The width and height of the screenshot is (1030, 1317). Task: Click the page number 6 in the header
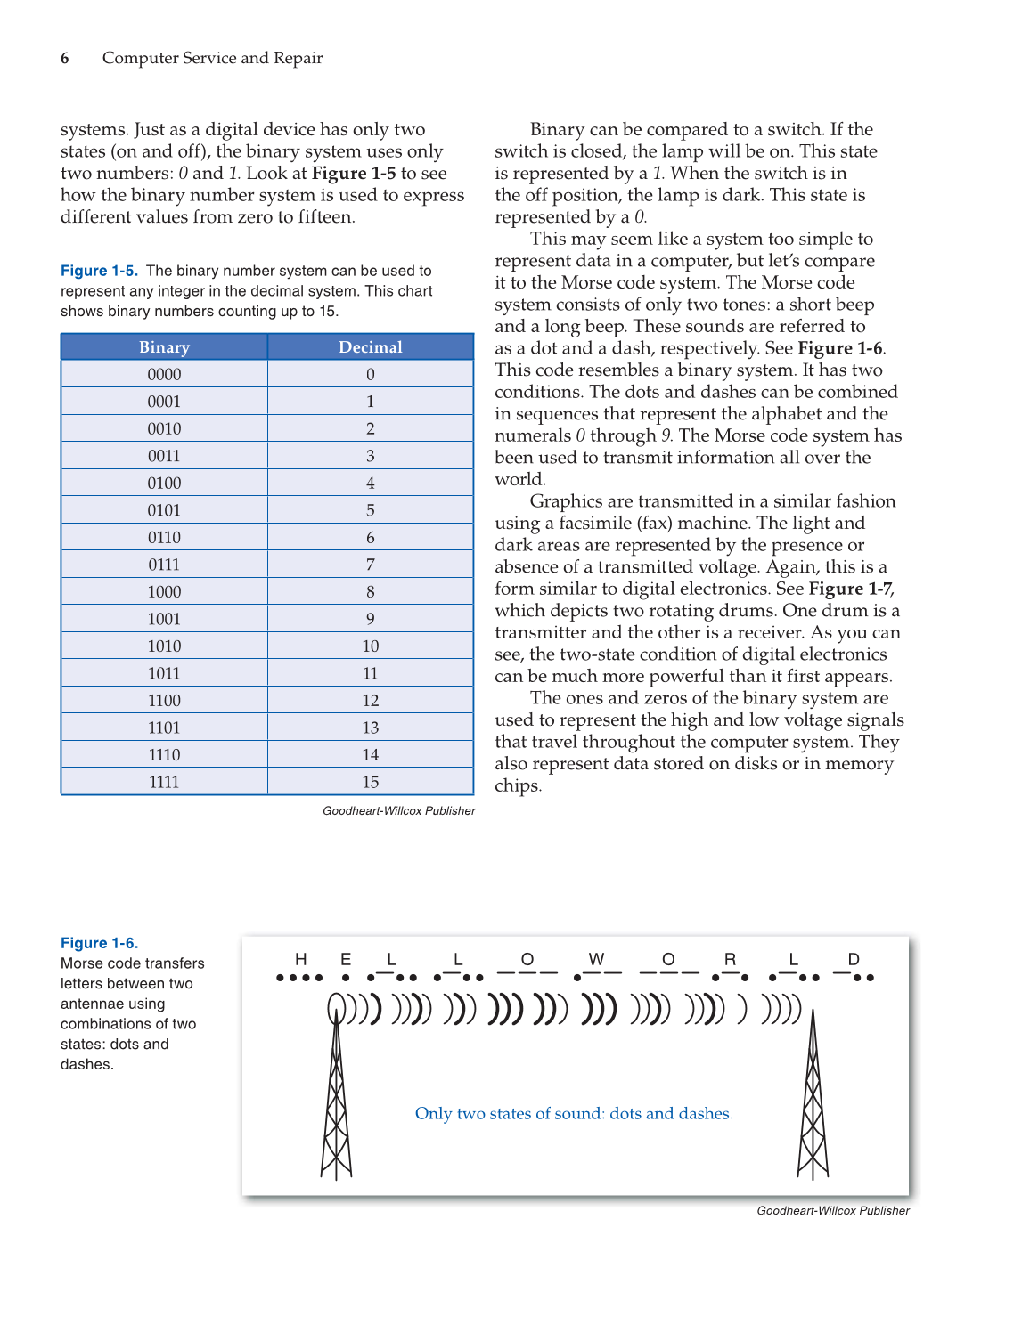(65, 59)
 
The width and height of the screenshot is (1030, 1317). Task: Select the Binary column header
(164, 347)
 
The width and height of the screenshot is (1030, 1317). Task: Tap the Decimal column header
(370, 347)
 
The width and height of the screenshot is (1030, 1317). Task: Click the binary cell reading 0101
(164, 510)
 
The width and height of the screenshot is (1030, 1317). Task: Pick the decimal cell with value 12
(370, 701)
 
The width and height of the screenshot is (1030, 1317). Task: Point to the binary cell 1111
(164, 782)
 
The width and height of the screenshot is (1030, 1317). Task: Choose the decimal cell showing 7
(370, 565)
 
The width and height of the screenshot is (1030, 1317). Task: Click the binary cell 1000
(164, 592)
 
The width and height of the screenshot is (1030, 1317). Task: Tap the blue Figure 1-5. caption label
(99, 271)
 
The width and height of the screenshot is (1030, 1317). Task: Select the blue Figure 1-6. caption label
(99, 943)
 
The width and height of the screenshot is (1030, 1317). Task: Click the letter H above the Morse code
(301, 959)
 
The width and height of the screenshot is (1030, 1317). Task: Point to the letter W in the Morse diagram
(596, 959)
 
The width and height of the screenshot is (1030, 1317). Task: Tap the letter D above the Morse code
(854, 959)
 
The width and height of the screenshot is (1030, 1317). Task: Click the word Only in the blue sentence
(433, 1114)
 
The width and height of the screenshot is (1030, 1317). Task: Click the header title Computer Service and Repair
(212, 59)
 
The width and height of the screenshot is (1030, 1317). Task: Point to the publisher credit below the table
(398, 811)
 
